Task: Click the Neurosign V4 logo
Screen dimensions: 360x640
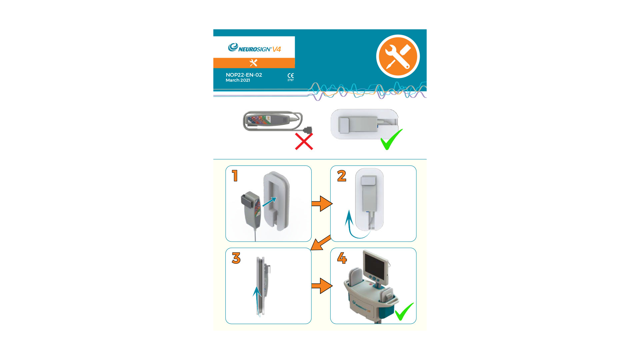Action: [x=254, y=48]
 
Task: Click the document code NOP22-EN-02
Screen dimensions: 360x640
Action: [x=244, y=75]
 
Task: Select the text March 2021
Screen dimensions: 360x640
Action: [x=238, y=80]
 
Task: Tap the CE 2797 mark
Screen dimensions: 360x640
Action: [x=291, y=77]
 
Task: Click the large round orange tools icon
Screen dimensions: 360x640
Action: [x=398, y=56]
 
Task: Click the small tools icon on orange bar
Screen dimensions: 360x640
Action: [x=254, y=63]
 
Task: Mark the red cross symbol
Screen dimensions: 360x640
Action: [x=304, y=141]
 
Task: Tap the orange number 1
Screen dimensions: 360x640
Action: [x=235, y=176]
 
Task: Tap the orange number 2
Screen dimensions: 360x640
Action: [x=342, y=176]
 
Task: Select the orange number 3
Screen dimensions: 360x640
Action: [x=236, y=258]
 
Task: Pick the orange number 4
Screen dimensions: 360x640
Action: [x=342, y=258]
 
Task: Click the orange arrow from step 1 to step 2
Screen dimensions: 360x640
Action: [x=322, y=203]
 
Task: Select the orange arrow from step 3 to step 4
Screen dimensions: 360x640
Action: [x=322, y=286]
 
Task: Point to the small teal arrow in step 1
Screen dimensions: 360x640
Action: [x=269, y=202]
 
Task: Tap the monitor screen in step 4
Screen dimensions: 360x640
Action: [x=375, y=265]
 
